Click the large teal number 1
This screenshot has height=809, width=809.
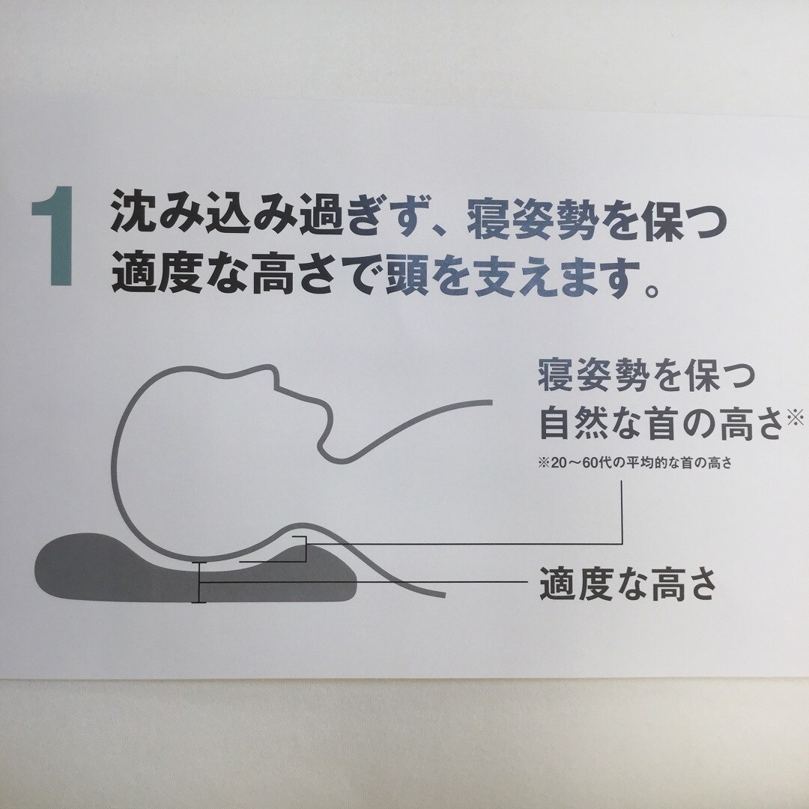click(53, 235)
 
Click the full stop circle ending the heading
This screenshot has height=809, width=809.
click(652, 291)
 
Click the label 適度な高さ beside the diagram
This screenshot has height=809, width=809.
click(628, 584)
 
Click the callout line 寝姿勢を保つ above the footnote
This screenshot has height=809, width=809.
click(646, 375)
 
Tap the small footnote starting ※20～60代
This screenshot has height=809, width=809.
click(635, 463)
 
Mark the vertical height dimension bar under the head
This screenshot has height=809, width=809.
click(199, 582)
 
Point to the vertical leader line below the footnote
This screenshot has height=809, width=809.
click(622, 512)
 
